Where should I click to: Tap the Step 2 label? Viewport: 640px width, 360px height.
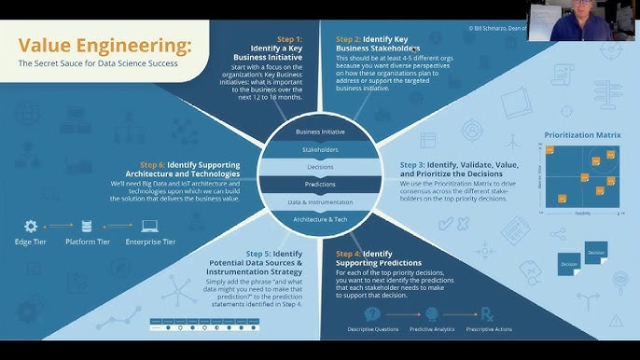pos(349,39)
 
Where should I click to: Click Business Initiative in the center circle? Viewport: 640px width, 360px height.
pos(320,132)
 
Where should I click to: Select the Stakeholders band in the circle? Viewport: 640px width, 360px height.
pos(320,149)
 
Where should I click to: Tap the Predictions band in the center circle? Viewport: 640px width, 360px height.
pos(320,184)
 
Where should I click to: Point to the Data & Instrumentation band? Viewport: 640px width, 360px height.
pos(320,201)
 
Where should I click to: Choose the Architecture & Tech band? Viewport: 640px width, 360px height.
pos(320,220)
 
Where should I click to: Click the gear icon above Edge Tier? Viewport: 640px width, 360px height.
pos(31,226)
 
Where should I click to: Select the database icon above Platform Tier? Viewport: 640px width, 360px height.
pos(87,226)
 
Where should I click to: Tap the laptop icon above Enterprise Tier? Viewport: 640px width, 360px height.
pos(149,226)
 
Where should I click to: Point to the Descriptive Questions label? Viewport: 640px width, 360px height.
pos(372,330)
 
